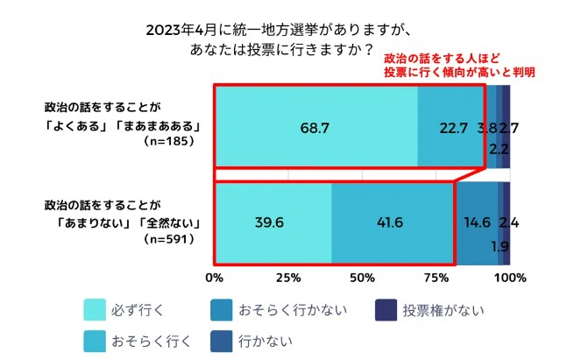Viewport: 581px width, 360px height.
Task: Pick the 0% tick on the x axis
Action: (214, 279)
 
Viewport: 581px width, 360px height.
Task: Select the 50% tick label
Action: (362, 279)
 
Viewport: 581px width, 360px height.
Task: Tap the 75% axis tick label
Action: (436, 279)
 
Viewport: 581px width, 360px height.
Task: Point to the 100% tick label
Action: (510, 279)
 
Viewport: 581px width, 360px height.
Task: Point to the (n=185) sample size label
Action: (171, 140)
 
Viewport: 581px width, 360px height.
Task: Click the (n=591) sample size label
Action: (171, 237)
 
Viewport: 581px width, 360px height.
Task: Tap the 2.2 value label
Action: (500, 148)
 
